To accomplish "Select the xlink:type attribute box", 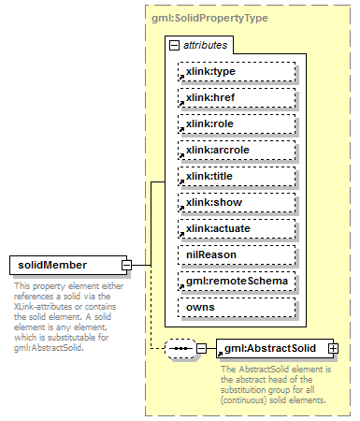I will (236, 71).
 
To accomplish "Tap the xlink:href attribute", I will (236, 97).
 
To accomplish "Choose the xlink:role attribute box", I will (236, 123).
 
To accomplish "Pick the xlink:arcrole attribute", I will (236, 150).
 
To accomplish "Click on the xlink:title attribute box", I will (236, 176).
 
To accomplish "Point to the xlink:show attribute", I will (236, 202).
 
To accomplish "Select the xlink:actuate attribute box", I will (236, 228).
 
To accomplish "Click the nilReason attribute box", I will (236, 254).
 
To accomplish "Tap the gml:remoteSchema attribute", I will (236, 281).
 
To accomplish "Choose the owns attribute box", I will (236, 307).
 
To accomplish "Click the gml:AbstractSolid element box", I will (269, 349).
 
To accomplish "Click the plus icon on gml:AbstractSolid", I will (331, 349).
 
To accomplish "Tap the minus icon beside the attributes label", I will (174, 45).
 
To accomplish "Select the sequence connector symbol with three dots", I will (180, 349).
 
